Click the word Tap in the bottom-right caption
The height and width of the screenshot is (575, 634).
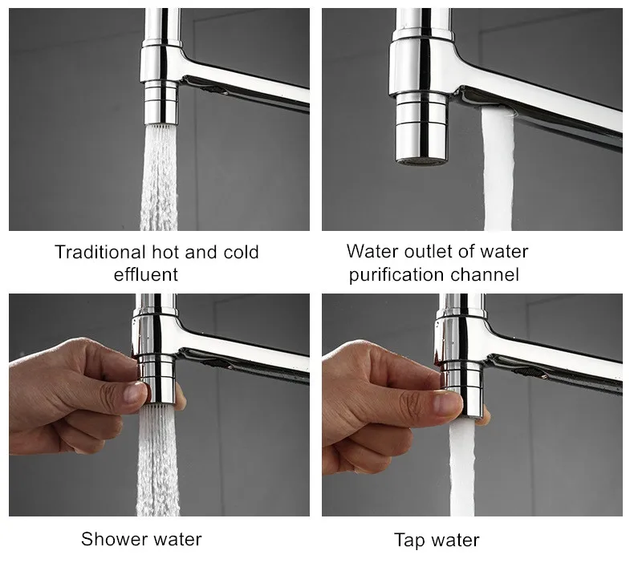[x=408, y=541]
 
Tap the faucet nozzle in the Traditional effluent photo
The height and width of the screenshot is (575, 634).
[x=161, y=100]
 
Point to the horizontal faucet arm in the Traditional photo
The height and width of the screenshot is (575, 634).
[x=249, y=90]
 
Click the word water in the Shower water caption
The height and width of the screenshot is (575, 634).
[x=178, y=539]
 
